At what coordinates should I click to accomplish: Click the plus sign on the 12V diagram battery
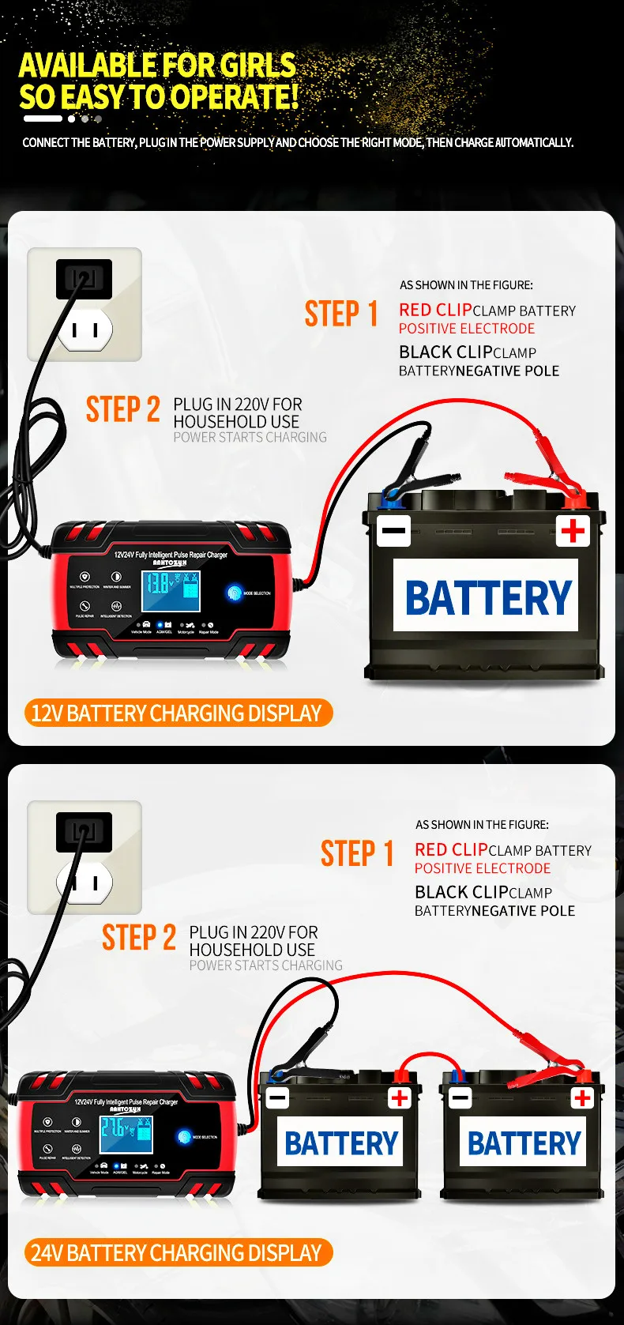coord(573,530)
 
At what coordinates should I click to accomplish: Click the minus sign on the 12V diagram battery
coord(393,530)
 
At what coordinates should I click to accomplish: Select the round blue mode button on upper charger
coord(235,593)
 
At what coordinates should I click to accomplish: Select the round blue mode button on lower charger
coord(185,1137)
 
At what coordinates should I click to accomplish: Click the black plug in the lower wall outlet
coord(84,831)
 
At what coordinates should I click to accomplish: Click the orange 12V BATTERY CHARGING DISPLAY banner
coord(177,713)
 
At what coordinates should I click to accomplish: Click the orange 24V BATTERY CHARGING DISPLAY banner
coord(177,1253)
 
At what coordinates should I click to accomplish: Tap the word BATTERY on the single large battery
coord(487,597)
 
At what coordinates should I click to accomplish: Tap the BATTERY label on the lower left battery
coord(340,1143)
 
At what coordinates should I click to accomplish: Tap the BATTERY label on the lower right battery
coord(524,1143)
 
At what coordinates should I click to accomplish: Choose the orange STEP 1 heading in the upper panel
coord(341,314)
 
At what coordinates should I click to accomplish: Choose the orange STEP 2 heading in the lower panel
coord(139,938)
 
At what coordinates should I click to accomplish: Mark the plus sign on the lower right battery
coord(583,1097)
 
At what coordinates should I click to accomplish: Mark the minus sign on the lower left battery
coord(277,1097)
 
